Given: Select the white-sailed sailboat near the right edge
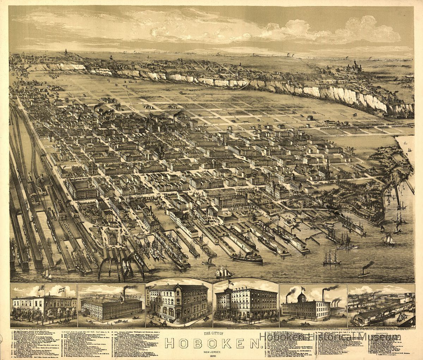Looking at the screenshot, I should [x=389, y=239].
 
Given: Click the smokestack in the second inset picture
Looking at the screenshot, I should [x=123, y=295].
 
